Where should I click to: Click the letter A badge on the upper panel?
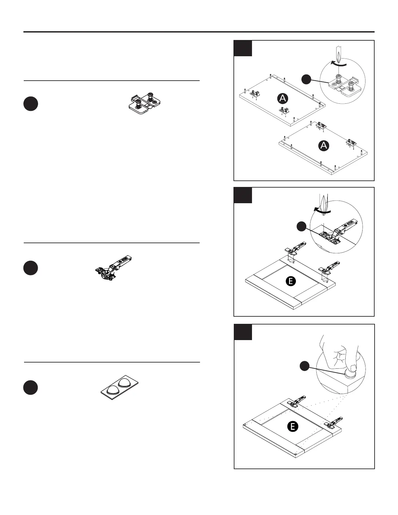(x=283, y=98)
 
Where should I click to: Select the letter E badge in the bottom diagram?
(x=293, y=426)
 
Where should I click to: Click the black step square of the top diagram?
(x=243, y=48)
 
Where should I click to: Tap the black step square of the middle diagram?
(x=243, y=195)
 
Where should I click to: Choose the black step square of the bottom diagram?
(x=243, y=332)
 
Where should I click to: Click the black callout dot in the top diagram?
(x=306, y=79)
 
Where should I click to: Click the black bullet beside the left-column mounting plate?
(x=31, y=104)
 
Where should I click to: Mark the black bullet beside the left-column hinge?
(x=31, y=268)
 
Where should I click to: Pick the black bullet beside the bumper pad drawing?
(x=31, y=388)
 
